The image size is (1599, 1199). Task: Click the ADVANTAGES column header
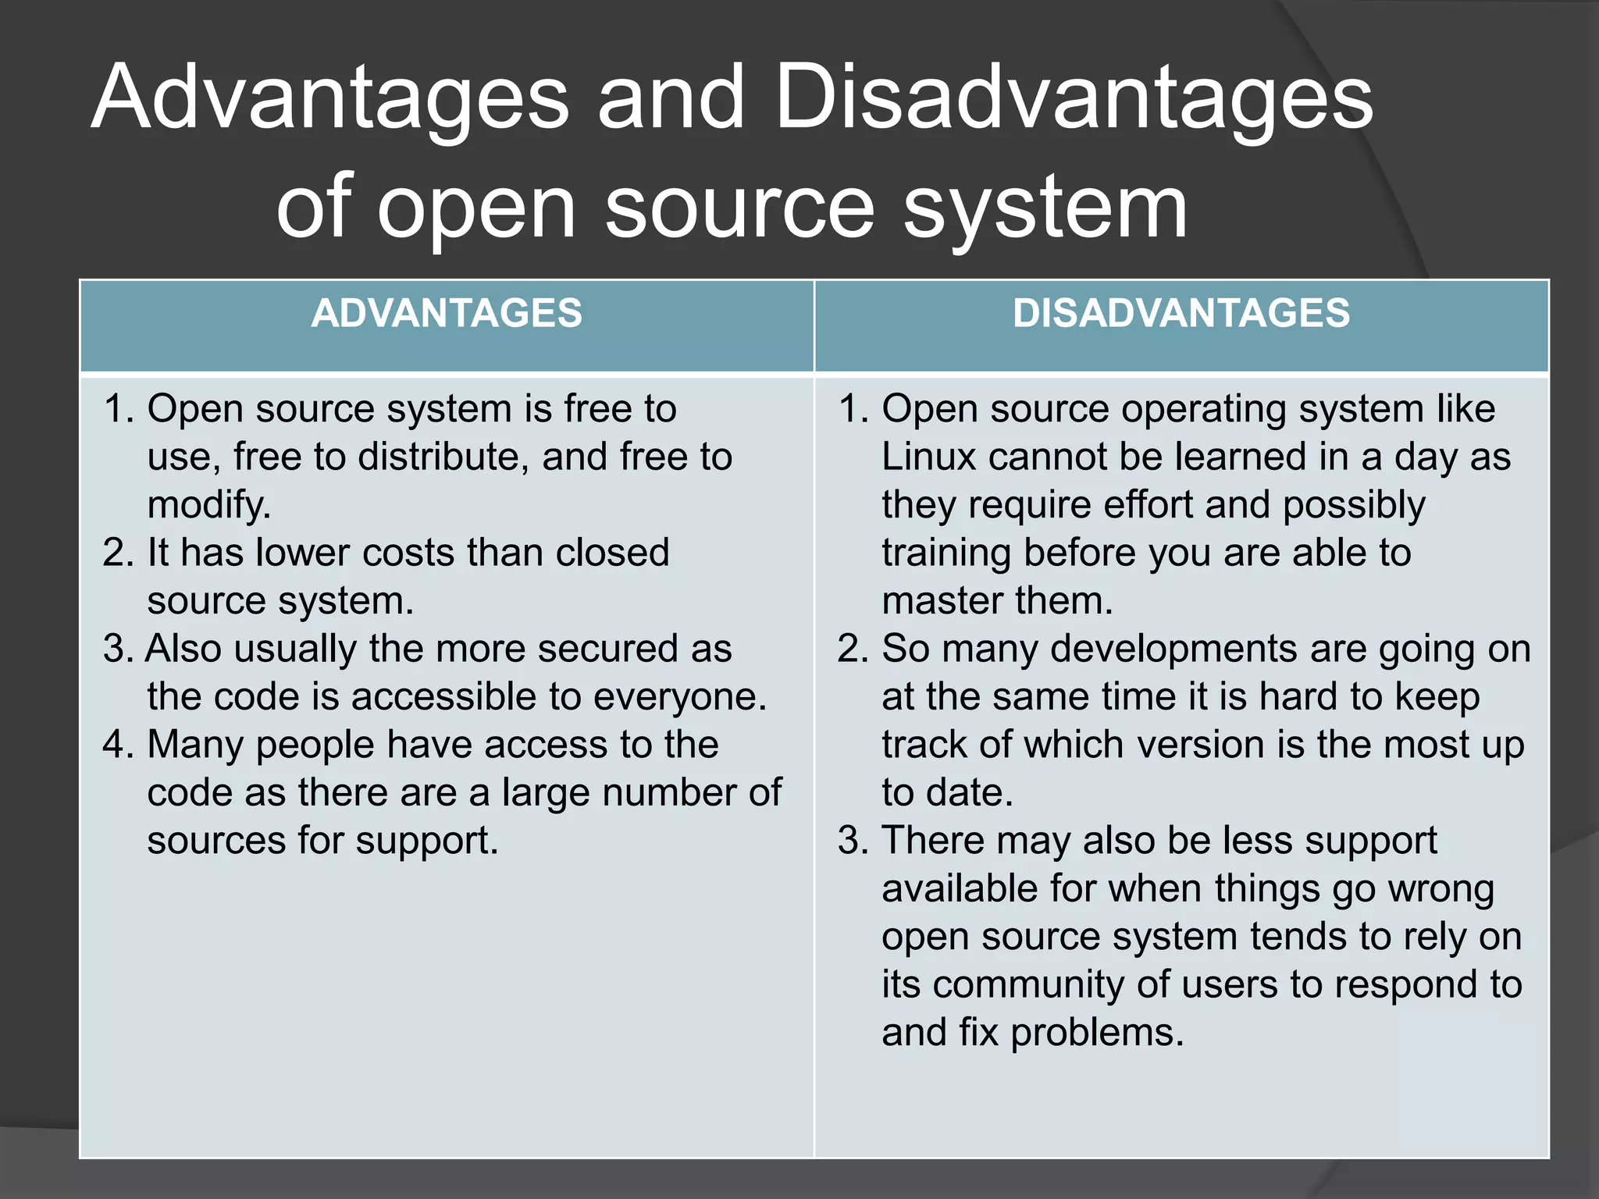(x=447, y=314)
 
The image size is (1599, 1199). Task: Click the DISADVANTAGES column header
(x=1181, y=314)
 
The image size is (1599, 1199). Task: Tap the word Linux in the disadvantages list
(x=928, y=457)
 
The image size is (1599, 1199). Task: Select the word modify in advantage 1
(x=208, y=506)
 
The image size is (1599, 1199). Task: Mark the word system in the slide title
(x=1045, y=208)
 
